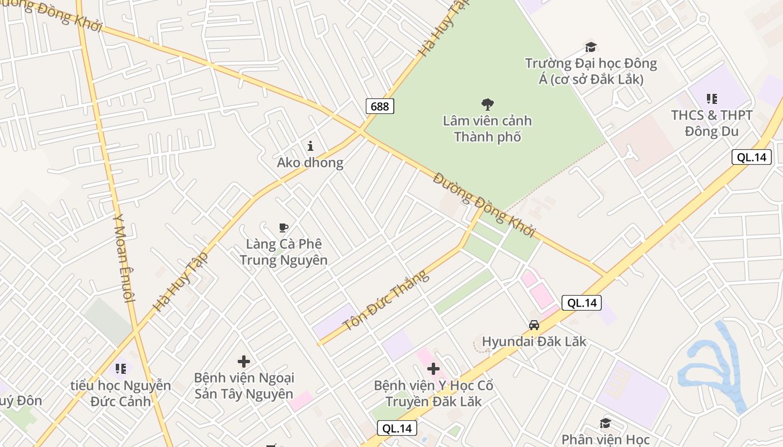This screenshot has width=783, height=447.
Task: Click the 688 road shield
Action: click(380, 106)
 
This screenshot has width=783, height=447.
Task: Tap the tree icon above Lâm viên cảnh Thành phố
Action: click(488, 103)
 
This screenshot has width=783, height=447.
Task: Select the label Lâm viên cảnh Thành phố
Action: click(487, 129)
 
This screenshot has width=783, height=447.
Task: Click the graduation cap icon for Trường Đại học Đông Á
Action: click(591, 47)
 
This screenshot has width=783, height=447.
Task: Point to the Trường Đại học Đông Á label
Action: click(591, 71)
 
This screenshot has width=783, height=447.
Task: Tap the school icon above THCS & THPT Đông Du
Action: click(711, 99)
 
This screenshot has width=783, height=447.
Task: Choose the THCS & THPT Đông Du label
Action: click(712, 123)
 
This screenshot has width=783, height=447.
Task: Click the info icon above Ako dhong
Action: click(310, 146)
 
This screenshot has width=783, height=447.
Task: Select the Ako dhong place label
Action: click(310, 163)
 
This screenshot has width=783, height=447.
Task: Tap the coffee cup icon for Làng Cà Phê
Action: click(284, 228)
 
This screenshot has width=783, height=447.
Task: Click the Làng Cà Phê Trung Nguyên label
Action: click(284, 252)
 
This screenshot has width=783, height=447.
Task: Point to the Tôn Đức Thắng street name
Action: click(385, 300)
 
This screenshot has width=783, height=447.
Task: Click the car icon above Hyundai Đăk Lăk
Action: click(534, 325)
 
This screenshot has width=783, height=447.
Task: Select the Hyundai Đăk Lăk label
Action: click(534, 341)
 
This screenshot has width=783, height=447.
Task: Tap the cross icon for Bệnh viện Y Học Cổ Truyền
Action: click(433, 369)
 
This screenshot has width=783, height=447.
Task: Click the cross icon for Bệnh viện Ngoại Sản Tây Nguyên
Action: click(244, 362)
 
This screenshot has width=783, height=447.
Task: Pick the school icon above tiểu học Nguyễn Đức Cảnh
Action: click(121, 369)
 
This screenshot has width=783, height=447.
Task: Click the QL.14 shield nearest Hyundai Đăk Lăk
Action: click(582, 303)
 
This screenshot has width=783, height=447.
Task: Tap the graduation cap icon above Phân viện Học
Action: click(605, 423)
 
